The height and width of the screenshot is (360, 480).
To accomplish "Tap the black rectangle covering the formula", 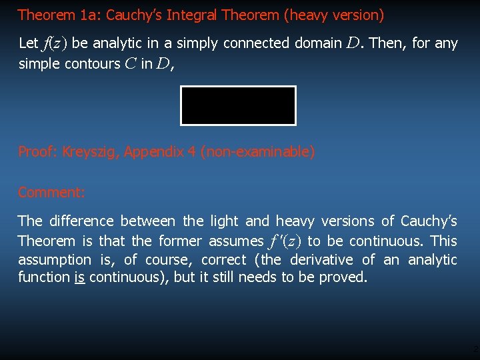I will (238, 105).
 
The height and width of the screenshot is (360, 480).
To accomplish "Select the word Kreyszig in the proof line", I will (89, 152).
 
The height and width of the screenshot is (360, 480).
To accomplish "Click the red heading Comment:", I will (51, 193).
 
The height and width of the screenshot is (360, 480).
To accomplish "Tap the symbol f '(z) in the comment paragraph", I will (285, 241).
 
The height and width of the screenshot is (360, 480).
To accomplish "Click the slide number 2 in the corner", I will (475, 349).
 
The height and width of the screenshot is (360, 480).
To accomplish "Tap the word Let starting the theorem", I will (29, 43).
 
